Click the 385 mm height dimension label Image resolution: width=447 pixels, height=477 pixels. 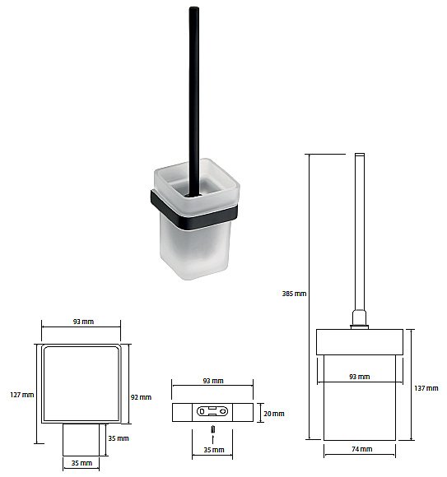click(294, 294)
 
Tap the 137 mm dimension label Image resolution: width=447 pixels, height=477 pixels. click(426, 388)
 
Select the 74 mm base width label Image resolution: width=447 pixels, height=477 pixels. click(361, 449)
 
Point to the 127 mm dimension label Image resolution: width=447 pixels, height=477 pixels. click(22, 395)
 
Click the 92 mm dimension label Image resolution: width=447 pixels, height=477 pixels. click(141, 397)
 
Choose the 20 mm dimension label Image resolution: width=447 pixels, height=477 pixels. click(274, 414)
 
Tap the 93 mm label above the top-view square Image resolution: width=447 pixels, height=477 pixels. click(83, 322)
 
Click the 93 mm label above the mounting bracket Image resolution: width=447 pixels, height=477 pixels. click(213, 381)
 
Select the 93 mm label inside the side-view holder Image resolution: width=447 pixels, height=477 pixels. click(360, 377)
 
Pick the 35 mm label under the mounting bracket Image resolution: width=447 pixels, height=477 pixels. click(214, 450)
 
